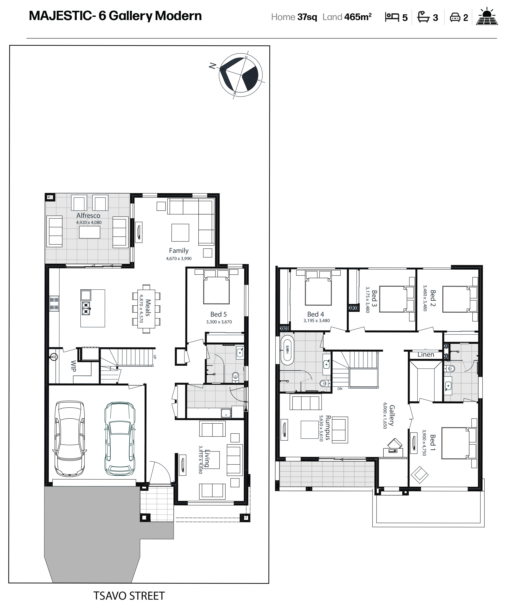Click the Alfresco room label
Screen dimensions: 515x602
[88, 216]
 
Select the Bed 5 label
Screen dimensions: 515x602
[218, 314]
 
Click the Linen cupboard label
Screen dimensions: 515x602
[426, 354]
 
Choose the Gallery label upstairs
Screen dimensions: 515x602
[392, 415]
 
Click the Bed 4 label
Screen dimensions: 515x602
[316, 314]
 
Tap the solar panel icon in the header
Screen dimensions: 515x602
[487, 17]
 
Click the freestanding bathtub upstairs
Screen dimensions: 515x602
[287, 350]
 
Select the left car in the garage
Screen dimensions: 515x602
[70, 439]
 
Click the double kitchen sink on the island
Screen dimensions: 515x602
[86, 308]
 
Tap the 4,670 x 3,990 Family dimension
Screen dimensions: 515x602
[179, 259]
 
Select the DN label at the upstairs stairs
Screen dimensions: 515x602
[340, 389]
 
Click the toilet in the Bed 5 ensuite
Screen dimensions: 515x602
[235, 377]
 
